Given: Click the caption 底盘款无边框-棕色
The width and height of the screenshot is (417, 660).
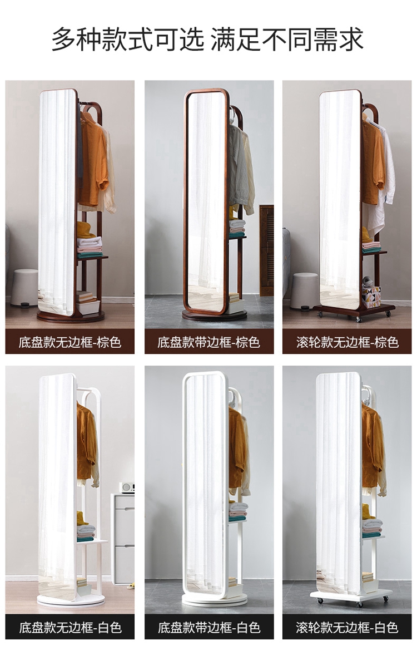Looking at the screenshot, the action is point(70,342).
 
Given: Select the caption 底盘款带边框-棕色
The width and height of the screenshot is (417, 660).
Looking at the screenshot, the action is point(209,342).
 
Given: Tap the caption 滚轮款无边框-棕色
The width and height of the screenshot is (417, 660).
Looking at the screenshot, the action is point(347,342).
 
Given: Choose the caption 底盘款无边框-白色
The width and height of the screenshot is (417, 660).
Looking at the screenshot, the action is point(70,628).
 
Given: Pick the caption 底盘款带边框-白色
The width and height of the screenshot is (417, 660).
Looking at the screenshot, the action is point(209,628).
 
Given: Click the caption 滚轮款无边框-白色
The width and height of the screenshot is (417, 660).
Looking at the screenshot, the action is point(347,628).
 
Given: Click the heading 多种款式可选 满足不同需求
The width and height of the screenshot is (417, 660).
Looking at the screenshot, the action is point(207,39).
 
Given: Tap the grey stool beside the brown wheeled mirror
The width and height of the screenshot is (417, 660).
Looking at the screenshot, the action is point(304,291).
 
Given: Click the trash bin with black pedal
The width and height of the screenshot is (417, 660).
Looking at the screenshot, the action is point(24,288).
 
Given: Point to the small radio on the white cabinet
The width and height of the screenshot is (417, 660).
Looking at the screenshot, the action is point(127,487).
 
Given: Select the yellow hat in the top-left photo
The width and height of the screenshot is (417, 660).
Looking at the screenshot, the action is point(85,230).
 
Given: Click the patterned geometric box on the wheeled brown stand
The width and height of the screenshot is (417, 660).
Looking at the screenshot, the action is point(371,297).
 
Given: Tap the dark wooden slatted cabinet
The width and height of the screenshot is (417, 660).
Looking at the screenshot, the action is point(266,250).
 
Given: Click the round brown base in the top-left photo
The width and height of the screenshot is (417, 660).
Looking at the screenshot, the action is point(71,316).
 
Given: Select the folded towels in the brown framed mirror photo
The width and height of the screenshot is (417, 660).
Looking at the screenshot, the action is point(237,229).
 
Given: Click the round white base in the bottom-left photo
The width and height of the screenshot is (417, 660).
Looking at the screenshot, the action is point(71,600).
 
